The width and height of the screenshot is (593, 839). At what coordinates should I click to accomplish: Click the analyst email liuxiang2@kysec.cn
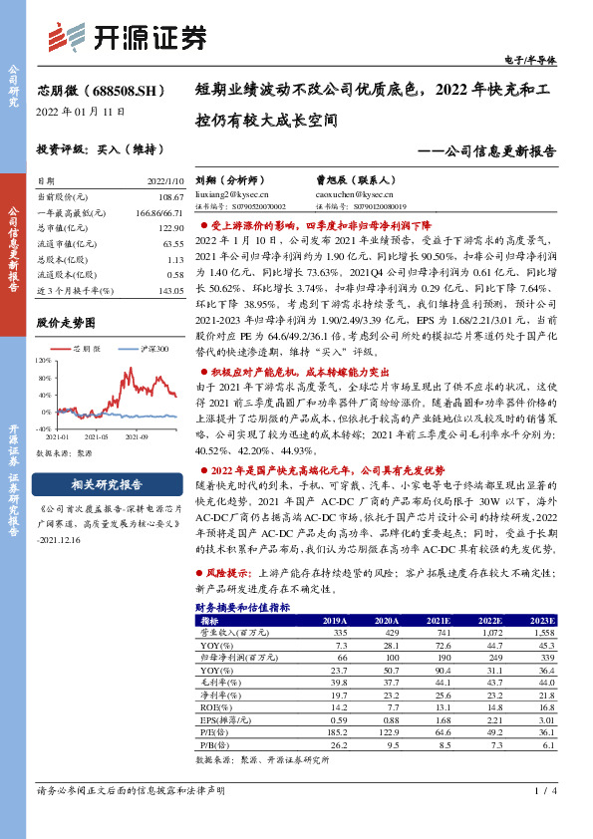point(228,195)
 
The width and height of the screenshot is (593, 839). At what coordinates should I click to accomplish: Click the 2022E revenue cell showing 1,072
point(492,632)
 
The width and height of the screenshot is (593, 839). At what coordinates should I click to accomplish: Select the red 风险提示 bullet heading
point(229,575)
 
